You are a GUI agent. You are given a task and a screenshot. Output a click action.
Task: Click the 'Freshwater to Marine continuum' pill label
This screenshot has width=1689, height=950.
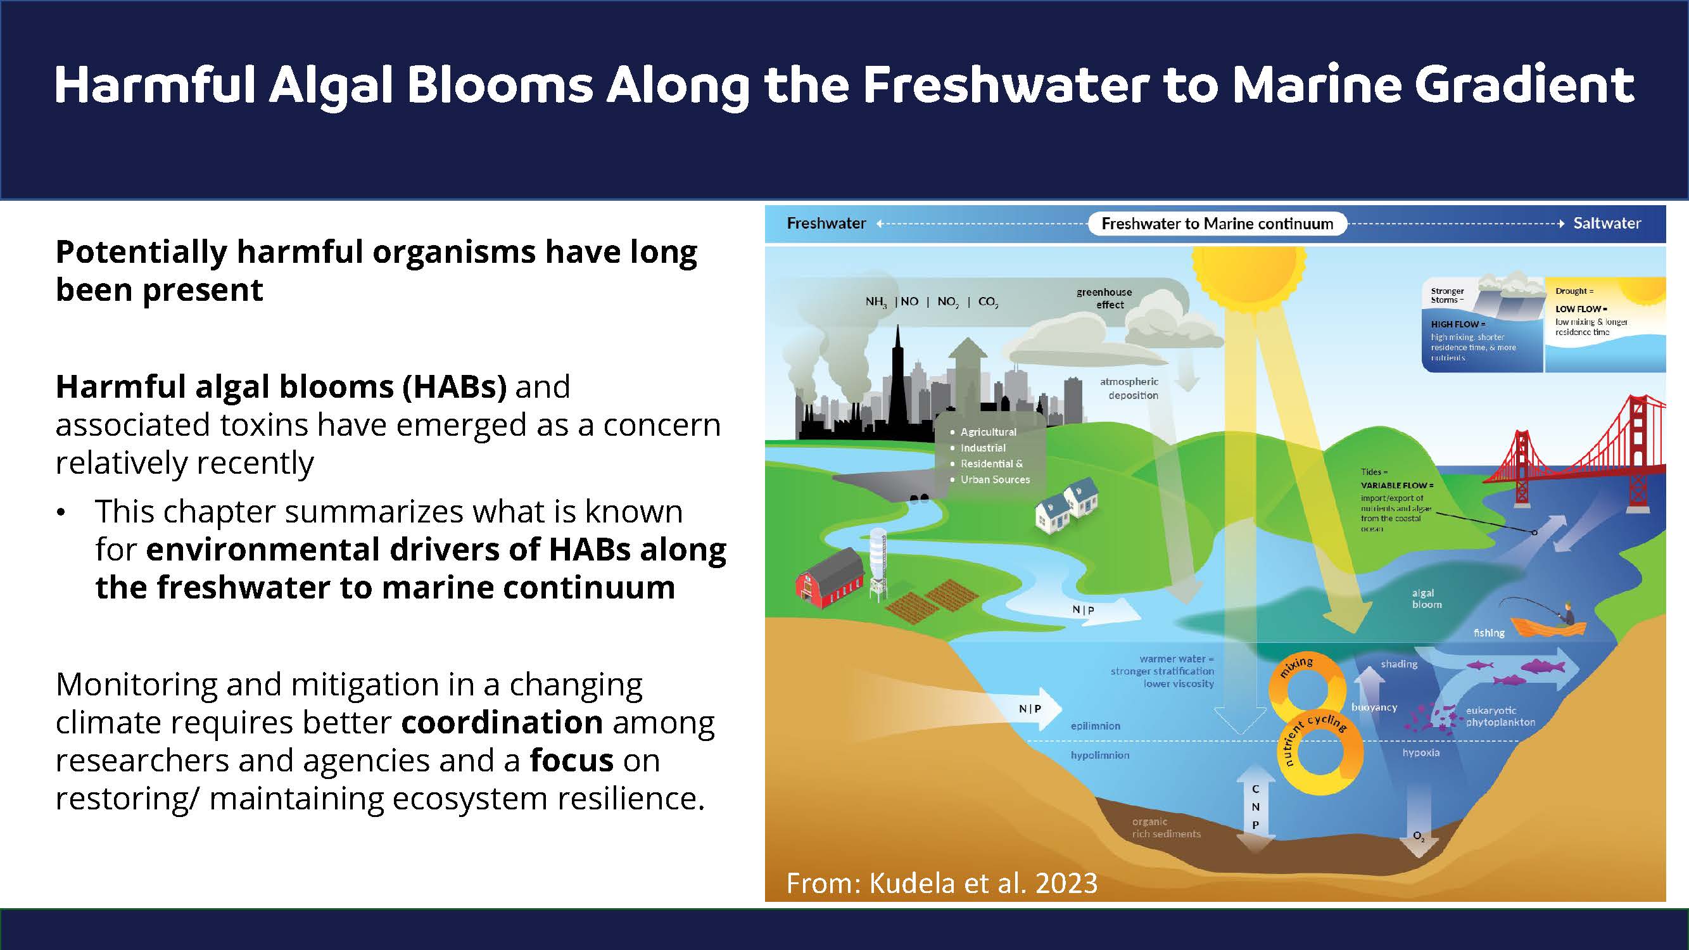1217,224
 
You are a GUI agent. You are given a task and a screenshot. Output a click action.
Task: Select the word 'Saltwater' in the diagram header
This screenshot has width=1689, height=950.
1607,223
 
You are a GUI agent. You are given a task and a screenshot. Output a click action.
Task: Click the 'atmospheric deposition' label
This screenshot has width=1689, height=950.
1129,388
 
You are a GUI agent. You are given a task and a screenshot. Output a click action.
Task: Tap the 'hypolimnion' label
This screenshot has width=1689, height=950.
1099,755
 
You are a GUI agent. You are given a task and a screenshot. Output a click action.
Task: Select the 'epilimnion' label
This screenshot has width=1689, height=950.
1096,726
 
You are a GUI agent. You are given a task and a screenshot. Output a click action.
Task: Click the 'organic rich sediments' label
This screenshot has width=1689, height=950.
1167,827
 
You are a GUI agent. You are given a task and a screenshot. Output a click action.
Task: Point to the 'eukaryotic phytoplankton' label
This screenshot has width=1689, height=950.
1501,716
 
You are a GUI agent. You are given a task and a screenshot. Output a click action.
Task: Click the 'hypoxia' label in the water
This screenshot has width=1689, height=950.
1421,752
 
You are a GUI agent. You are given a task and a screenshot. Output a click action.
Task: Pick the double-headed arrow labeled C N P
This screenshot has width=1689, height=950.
1255,809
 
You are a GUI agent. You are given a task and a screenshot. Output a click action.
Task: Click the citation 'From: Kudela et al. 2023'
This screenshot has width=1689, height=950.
942,883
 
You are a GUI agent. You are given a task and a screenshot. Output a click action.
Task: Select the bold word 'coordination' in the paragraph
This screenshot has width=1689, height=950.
502,722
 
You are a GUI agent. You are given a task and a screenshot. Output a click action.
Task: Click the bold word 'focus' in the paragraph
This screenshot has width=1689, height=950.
572,760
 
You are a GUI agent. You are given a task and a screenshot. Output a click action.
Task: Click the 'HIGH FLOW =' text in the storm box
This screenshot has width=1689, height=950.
1458,324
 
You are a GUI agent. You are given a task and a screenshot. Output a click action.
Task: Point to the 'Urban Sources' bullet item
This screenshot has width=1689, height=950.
996,479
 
